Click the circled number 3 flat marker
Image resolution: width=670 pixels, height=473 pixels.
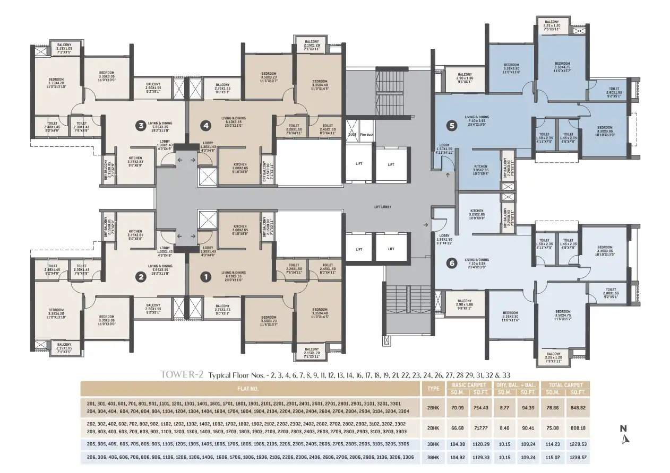141,126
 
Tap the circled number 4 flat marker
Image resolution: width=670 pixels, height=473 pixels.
205,126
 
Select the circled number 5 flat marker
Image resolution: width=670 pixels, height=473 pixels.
452,126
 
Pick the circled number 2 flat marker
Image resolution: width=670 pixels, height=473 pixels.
141,276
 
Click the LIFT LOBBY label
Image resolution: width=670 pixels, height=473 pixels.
382,206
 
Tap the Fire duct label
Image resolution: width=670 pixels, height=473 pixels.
367,135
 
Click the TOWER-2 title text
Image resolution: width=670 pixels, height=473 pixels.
182,375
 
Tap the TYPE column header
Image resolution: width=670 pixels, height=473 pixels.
433,388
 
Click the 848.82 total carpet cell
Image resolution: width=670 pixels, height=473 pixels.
577,407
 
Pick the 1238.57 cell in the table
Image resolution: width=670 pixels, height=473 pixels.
577,457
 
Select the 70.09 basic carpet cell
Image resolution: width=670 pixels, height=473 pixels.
458,407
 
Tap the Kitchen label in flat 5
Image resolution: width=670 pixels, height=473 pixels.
480,168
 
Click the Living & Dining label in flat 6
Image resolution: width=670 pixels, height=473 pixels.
477,262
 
